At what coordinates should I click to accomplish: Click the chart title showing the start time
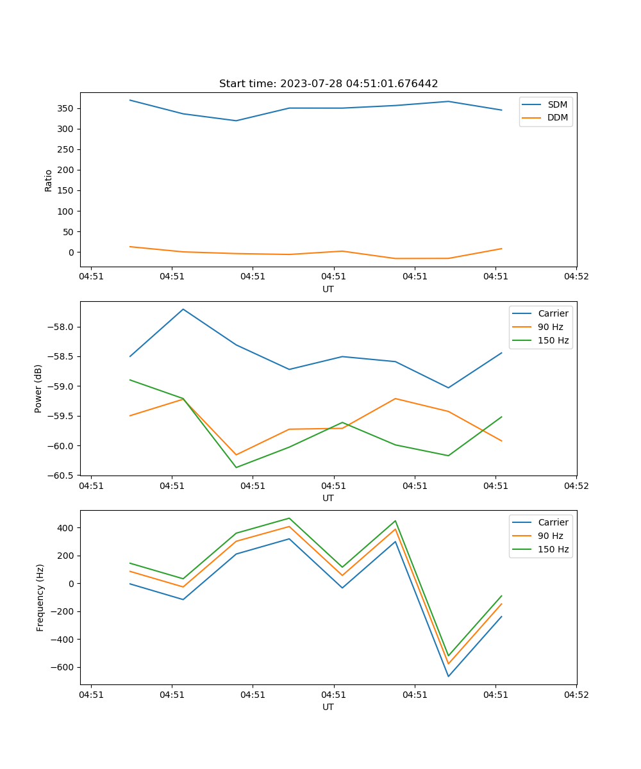pyautogui.click(x=328, y=84)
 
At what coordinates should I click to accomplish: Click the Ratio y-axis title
pyautogui.click(x=49, y=180)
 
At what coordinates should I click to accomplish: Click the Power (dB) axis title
pyautogui.click(x=39, y=388)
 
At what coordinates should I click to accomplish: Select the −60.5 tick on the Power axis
pyautogui.click(x=62, y=475)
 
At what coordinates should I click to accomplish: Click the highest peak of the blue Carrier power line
pyautogui.click(x=183, y=309)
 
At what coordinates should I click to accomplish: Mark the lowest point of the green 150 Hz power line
pyautogui.click(x=236, y=467)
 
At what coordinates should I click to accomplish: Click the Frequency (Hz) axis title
pyautogui.click(x=40, y=597)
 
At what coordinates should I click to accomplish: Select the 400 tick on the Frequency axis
pyautogui.click(x=67, y=528)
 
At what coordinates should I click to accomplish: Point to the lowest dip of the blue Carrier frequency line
pyautogui.click(x=448, y=676)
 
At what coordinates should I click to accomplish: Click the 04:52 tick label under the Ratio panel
pyautogui.click(x=576, y=277)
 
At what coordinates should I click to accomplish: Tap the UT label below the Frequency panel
pyautogui.click(x=328, y=707)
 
